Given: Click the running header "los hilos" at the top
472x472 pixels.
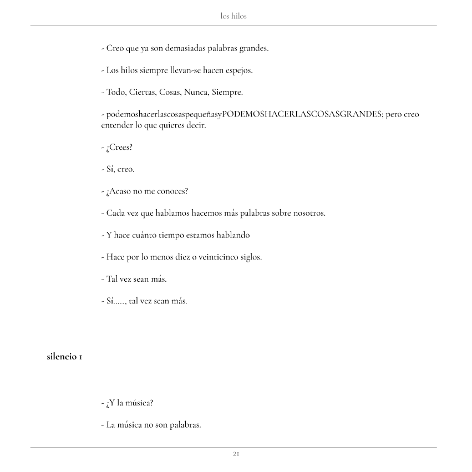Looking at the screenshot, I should [234, 16].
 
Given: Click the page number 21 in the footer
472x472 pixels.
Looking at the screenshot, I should [236, 454].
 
